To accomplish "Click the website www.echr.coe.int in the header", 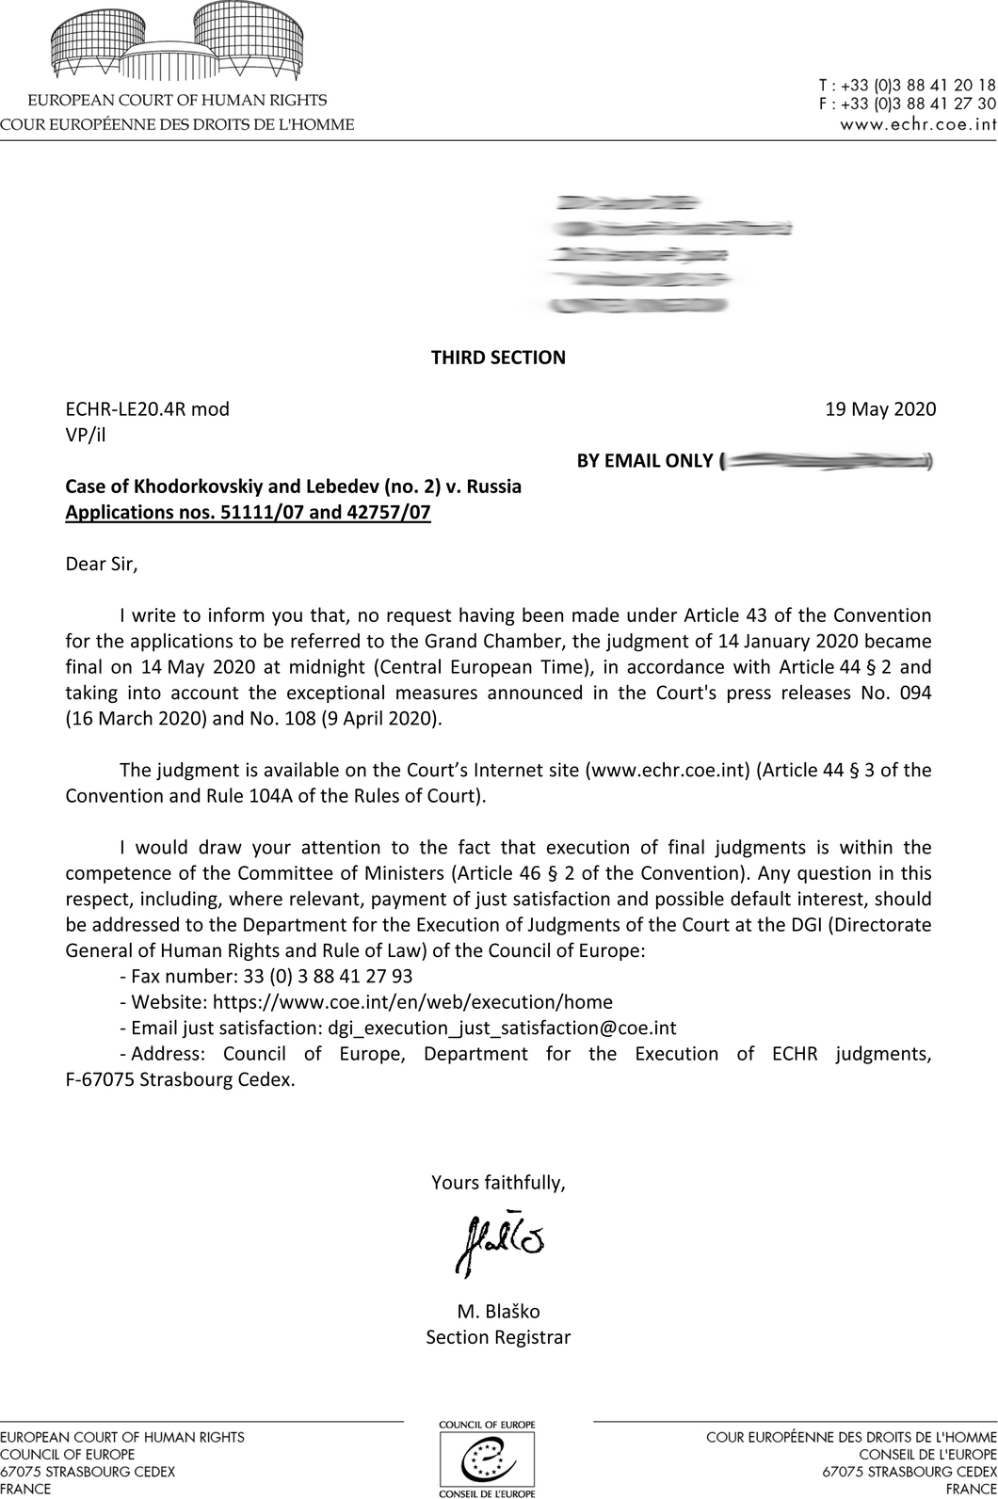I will tap(918, 123).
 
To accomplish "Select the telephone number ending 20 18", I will tap(908, 86).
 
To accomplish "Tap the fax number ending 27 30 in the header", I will tap(908, 104).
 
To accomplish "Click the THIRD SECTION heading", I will tap(498, 358).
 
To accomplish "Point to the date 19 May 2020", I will tap(880, 409).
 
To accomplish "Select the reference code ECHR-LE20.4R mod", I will tap(147, 409).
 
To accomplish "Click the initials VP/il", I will tap(86, 435).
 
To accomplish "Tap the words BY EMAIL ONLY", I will tap(644, 461).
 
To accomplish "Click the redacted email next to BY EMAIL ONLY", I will tap(825, 461).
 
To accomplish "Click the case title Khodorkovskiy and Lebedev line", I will tap(293, 487).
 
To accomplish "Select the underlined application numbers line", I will tap(248, 513).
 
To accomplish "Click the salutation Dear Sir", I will tap(102, 565).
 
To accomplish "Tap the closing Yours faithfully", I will tap(498, 1183).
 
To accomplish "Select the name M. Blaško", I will tap(498, 1312).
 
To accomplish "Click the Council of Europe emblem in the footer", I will tap(487, 1459).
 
